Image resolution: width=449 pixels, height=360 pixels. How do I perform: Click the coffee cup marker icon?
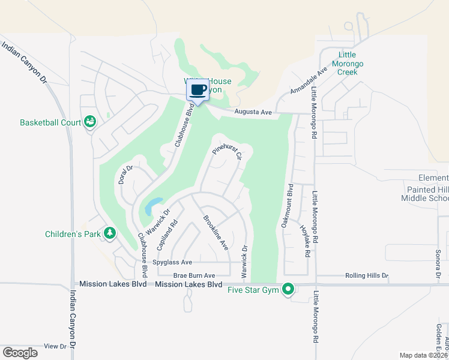(x=198, y=91)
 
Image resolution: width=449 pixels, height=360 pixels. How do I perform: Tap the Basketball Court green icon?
(x=90, y=122)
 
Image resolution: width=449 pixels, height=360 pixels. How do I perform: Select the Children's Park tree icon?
(x=109, y=233)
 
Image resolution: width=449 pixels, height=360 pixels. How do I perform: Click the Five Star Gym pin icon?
(x=288, y=290)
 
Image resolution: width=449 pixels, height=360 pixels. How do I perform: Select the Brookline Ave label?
(x=215, y=232)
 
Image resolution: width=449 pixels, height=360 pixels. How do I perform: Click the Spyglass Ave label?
(x=172, y=262)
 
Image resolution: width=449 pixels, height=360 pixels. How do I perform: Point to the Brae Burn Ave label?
(x=194, y=275)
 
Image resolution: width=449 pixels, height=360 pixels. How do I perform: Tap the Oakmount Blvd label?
(x=286, y=205)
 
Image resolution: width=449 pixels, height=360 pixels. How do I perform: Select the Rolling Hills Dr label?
(x=367, y=276)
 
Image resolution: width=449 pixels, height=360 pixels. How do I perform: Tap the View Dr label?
(x=55, y=346)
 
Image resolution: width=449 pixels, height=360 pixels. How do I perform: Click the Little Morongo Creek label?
(x=347, y=63)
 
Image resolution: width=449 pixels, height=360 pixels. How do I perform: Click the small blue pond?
(x=152, y=206)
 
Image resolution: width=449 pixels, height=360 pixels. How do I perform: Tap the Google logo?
(x=20, y=353)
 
